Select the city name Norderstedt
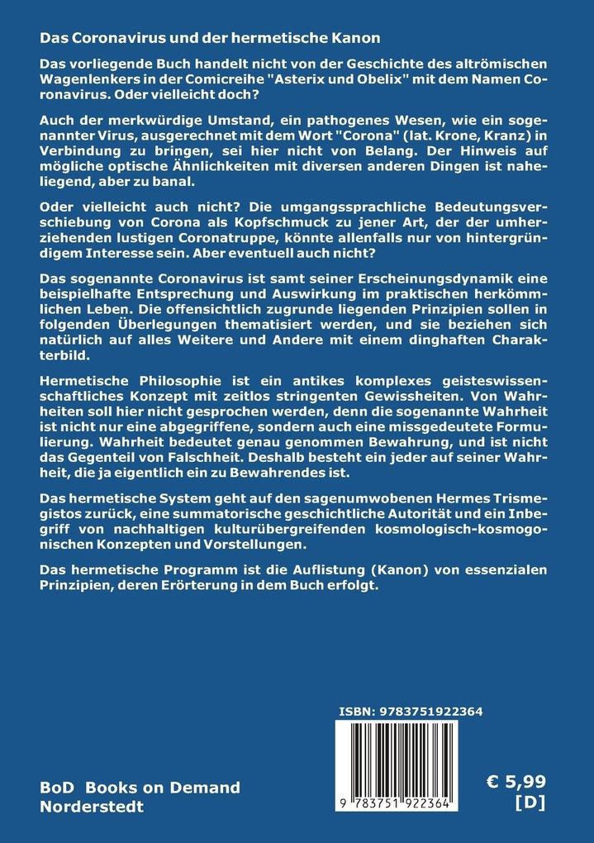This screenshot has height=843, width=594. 95,806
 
